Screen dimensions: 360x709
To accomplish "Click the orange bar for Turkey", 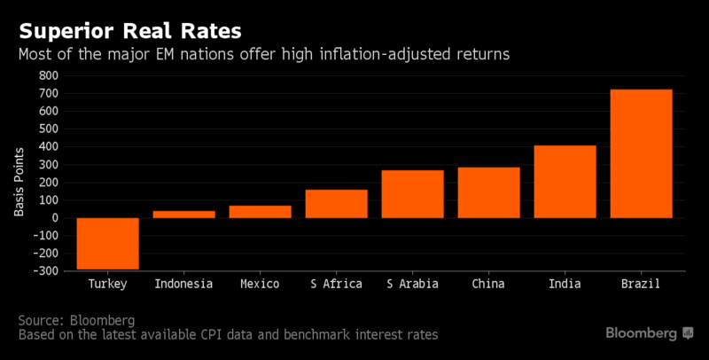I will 107,243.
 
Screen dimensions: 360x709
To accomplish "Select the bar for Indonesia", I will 184,214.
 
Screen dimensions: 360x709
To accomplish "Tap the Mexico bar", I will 261,212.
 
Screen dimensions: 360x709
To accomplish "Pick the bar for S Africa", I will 336,204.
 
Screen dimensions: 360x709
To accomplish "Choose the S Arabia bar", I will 412,194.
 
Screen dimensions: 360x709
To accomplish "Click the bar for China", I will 488,192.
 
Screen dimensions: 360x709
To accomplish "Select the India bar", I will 565,182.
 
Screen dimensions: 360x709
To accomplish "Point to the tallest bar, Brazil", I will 641,153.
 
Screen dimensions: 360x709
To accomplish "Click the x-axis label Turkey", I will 107,284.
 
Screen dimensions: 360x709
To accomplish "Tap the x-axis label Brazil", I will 641,284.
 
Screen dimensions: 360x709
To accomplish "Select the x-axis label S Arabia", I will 412,284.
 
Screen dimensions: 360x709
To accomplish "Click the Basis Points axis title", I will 19,182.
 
